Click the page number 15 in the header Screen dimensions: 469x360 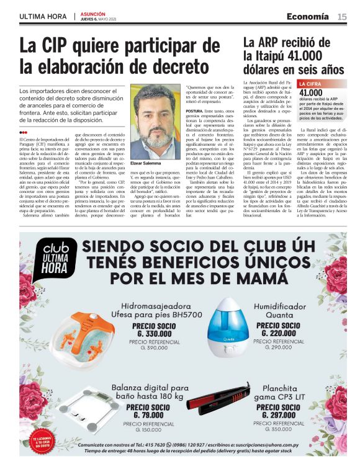tap(342, 16)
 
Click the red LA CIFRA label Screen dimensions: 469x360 tap(310, 83)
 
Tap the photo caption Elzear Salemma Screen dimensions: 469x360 tap(146, 163)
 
